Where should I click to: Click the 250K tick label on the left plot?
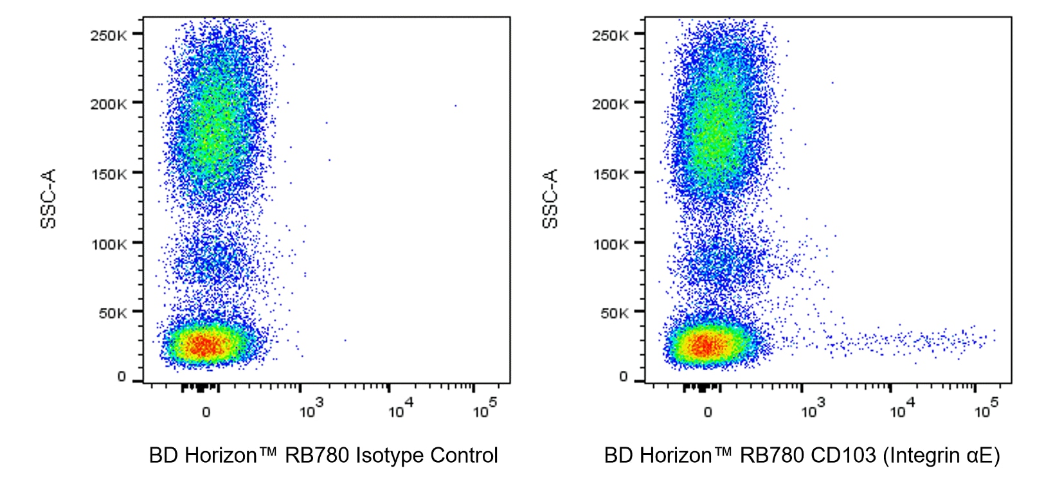pos(108,35)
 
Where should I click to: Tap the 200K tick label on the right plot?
pos(610,104)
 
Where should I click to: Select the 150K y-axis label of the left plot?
pos(108,174)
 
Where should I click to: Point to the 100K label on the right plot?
pos(610,244)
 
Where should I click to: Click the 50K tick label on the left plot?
pos(112,314)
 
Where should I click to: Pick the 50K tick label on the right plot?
pos(614,314)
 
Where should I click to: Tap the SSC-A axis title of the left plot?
pos(48,198)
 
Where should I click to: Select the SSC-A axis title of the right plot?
pos(550,198)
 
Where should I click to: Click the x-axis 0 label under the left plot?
pos(206,412)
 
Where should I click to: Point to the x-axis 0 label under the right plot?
pos(708,412)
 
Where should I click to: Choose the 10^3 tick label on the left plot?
pos(311,409)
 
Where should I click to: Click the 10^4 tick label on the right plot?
pos(902,409)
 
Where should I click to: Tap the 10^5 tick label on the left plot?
pos(485,409)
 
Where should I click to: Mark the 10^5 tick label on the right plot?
pos(986,409)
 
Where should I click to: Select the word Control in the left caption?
pos(464,456)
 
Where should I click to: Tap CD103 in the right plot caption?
pos(843,456)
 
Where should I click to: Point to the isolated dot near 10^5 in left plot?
pos(455,106)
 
